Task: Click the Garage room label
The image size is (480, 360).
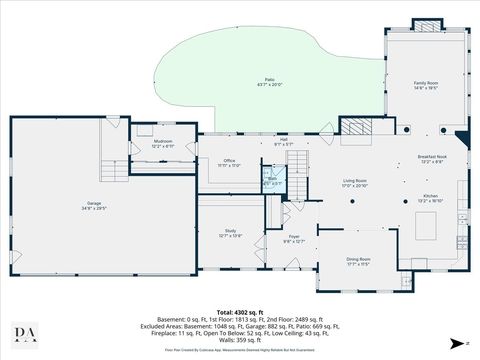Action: (94, 206)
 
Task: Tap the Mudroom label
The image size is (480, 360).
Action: (162, 143)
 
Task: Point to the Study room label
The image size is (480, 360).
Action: (230, 235)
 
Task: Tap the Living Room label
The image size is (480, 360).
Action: (355, 184)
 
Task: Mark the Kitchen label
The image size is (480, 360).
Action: (430, 199)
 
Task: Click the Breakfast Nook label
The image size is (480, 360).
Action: (432, 159)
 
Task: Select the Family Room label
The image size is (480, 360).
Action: (426, 86)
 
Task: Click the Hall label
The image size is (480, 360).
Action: (283, 142)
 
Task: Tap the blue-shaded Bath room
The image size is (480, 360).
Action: (272, 181)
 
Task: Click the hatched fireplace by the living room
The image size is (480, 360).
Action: (357, 125)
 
